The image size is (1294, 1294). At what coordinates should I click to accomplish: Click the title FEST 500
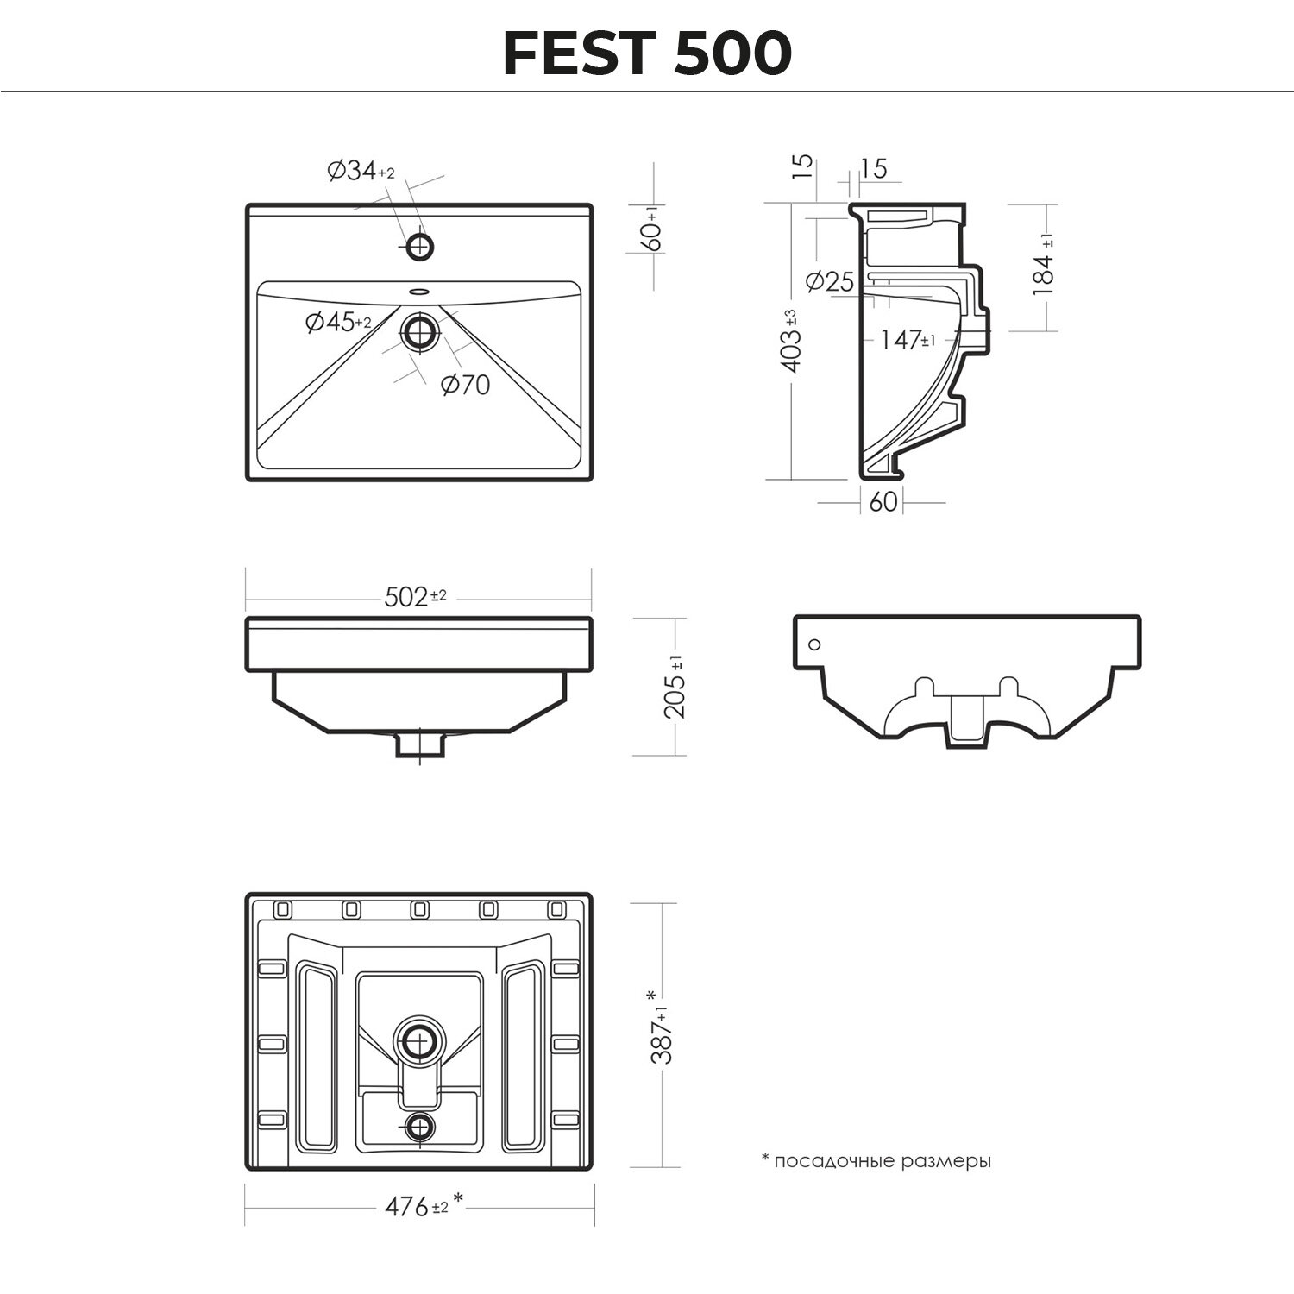pos(647,53)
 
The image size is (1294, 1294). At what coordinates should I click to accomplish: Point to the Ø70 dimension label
pos(465,385)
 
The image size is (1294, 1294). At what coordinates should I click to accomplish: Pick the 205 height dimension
pos(675,687)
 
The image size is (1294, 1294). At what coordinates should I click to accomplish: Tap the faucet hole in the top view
pos(420,246)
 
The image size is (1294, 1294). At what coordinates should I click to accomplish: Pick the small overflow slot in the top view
pos(420,291)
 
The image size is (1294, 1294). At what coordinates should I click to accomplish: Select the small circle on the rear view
pos(814,644)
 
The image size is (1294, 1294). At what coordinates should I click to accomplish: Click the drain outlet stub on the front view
pos(419,744)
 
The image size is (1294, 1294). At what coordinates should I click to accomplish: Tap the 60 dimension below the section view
pos(883,502)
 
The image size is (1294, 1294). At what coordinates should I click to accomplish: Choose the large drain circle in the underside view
pos(420,1044)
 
